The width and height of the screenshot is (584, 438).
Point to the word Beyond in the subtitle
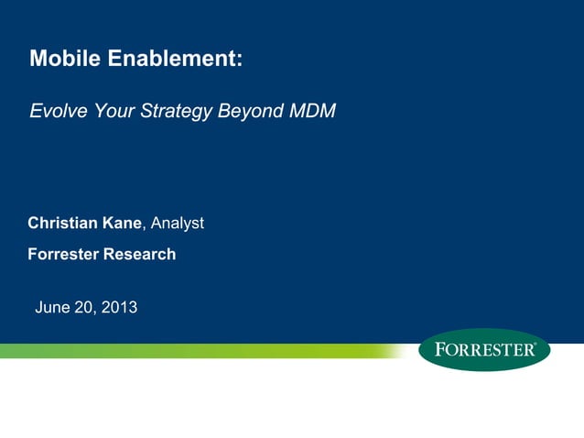251,112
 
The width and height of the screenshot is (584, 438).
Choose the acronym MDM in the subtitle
313,112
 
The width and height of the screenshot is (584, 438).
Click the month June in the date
51,307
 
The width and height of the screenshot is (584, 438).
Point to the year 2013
119,307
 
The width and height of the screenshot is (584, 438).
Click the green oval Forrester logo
484,350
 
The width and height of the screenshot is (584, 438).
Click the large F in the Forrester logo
439,350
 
